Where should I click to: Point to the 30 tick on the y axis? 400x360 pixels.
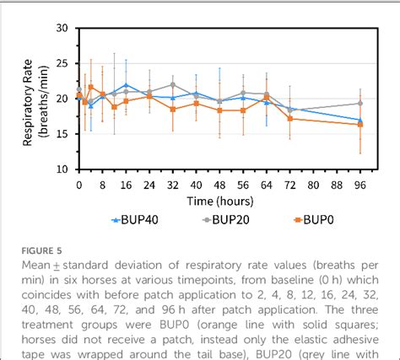62,28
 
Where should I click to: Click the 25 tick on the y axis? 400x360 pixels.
62,63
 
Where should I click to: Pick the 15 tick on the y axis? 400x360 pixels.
62,133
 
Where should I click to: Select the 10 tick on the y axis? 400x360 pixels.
62,169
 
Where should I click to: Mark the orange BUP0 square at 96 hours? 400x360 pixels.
360,124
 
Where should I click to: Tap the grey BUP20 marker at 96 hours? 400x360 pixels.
360,103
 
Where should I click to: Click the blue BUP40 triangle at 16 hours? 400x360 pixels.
126,85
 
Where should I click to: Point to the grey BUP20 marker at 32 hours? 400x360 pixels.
173,84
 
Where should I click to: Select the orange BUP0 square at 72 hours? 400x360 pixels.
290,118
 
